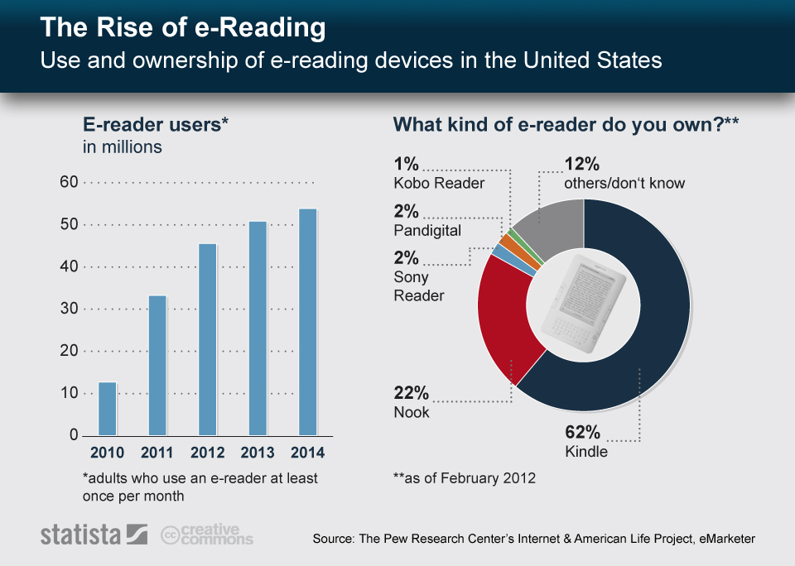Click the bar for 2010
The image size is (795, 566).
point(108,409)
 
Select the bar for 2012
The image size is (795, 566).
point(207,339)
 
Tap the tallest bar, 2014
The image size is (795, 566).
point(307,322)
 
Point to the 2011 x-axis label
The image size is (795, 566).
point(157,453)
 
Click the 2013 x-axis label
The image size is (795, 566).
point(258,453)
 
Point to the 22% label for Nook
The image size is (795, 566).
point(412,392)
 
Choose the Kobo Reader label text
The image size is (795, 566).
point(438,183)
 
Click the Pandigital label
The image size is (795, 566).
point(427,231)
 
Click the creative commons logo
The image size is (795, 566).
point(207,535)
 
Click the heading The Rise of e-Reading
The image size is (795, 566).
point(183,28)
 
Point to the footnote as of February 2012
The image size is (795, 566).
point(464,478)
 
